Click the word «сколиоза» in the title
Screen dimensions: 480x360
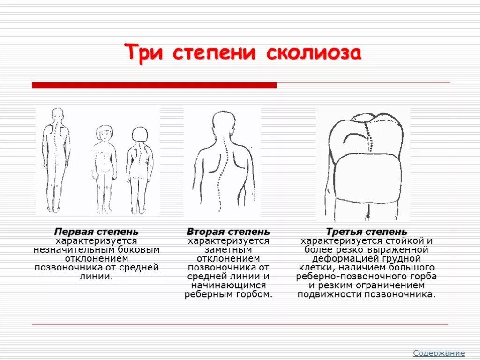314,52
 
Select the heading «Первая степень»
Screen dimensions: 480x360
97,232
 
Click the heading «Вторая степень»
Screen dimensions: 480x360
228,232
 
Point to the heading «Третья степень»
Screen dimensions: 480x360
367,232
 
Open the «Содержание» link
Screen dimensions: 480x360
439,353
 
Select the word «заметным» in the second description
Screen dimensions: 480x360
228,250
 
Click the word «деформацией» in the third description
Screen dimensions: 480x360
345,259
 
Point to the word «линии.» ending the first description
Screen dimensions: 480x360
97,277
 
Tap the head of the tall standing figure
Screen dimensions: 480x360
58,114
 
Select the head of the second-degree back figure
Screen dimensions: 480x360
222,123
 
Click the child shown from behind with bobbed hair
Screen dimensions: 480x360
139,164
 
